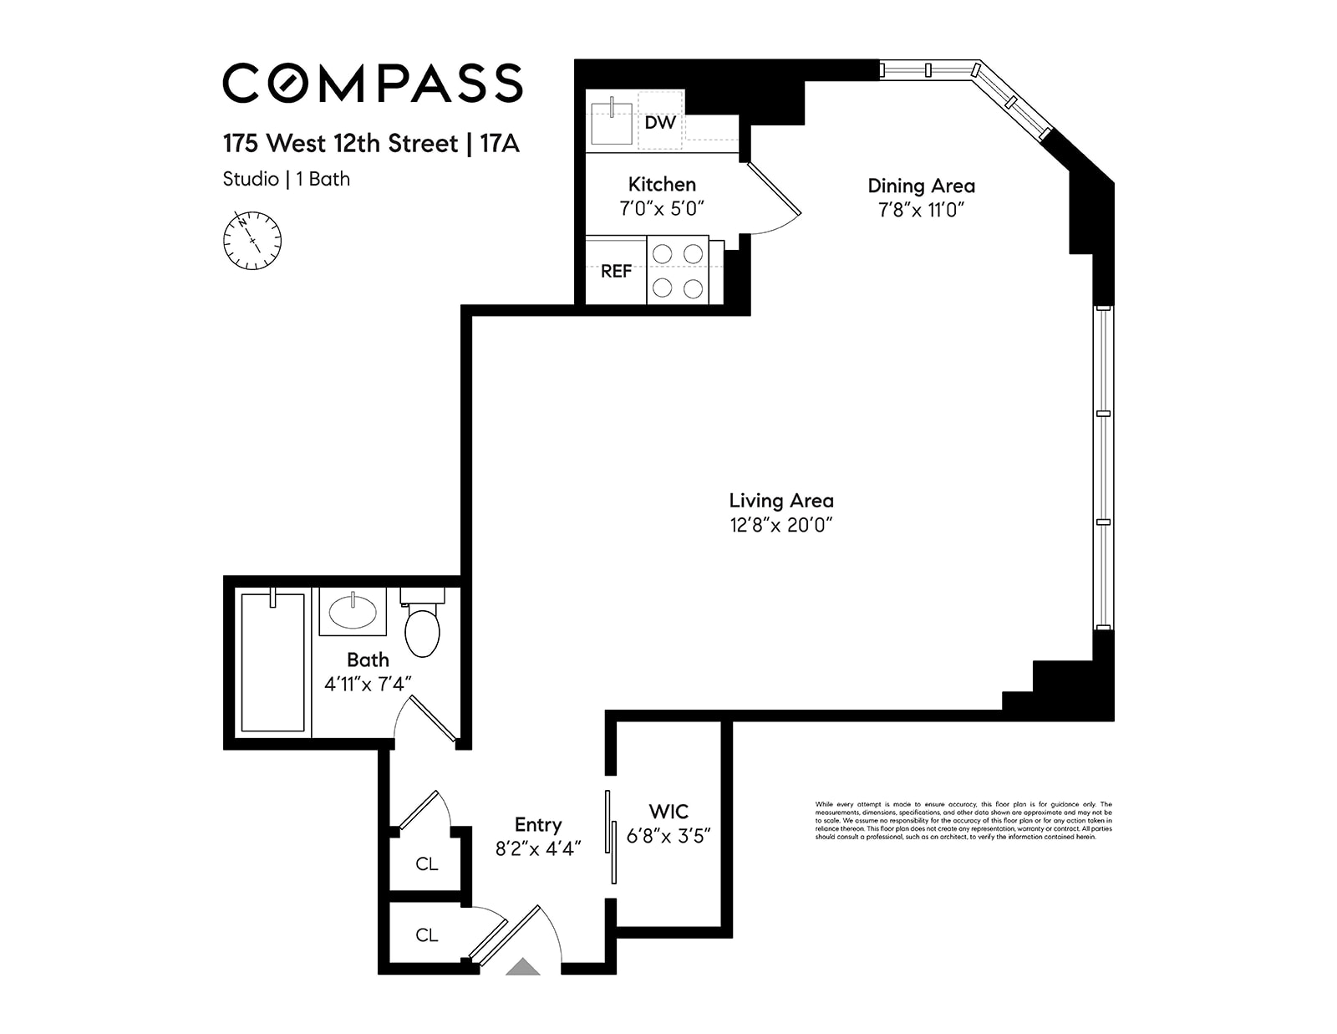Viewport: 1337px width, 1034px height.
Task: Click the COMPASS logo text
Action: (x=372, y=83)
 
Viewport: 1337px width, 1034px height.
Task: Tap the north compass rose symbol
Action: (x=252, y=241)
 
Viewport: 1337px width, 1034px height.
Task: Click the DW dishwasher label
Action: (x=660, y=123)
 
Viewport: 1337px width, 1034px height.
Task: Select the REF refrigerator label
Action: (x=616, y=271)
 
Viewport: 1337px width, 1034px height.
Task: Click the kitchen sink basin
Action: (x=611, y=122)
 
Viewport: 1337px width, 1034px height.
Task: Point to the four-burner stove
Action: (x=678, y=270)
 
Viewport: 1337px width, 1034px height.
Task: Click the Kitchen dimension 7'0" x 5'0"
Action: (x=662, y=208)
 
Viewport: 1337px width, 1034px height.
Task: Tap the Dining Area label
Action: (x=921, y=186)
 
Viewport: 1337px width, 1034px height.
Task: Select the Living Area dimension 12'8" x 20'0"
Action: (x=780, y=525)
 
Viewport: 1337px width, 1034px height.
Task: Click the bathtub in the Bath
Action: (x=272, y=662)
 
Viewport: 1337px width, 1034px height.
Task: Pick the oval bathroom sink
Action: (x=353, y=612)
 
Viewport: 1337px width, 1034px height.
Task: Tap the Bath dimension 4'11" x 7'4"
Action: (x=368, y=684)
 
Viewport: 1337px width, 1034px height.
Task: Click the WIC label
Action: (x=668, y=811)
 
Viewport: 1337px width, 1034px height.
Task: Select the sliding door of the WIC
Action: (x=611, y=836)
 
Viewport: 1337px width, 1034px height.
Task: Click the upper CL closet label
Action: (x=426, y=863)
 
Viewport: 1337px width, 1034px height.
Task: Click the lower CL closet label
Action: (x=426, y=935)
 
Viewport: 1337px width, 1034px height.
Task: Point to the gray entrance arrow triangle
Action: (x=523, y=967)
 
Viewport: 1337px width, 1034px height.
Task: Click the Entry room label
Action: (x=537, y=824)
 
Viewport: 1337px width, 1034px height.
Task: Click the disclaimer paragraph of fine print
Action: (x=963, y=820)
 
